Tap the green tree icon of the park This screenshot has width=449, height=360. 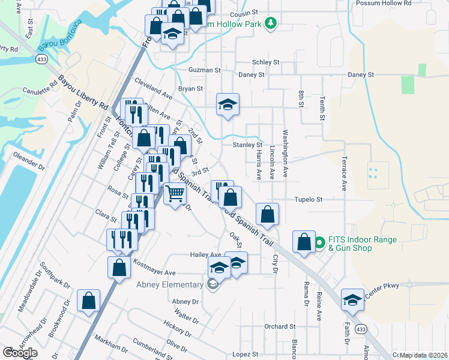coord(271,23)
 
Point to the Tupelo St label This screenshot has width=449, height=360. coord(308,199)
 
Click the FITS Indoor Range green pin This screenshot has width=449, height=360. coord(319,243)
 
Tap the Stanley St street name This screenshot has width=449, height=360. coord(247,145)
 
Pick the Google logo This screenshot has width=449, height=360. coord(20,353)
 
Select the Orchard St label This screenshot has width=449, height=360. coord(280,326)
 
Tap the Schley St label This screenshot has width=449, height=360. coord(266,62)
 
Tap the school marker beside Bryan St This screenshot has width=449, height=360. coord(228,106)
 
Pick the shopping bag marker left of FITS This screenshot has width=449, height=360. coord(304,242)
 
